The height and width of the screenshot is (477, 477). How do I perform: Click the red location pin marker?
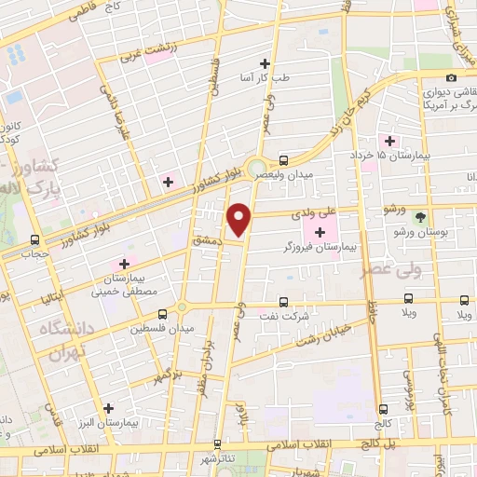tap(240, 218)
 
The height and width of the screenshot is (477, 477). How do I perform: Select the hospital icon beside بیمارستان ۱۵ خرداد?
tap(388, 141)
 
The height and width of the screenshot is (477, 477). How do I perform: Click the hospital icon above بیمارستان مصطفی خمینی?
tap(124, 264)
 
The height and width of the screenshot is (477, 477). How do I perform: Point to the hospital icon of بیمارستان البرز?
tap(109, 408)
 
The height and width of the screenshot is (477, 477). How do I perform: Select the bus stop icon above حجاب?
tap(34, 238)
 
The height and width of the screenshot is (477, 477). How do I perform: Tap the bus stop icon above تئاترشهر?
tap(218, 445)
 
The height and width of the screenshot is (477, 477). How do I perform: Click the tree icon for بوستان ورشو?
tap(420, 216)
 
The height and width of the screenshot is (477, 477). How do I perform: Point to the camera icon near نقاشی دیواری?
tap(451, 78)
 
